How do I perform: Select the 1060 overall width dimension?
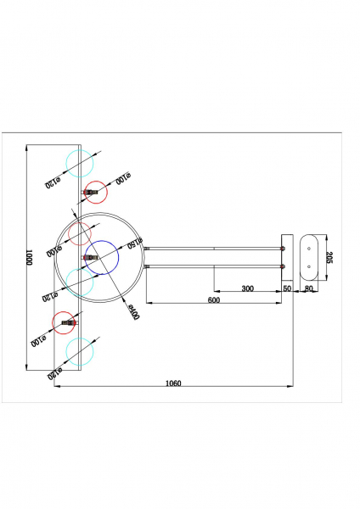(174, 383)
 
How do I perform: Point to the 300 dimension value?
(247, 288)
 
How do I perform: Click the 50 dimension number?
(287, 288)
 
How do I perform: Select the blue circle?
(102, 257)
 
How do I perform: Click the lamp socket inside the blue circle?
(89, 257)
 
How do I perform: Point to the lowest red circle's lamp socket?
(70, 322)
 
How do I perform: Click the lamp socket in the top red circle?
(91, 193)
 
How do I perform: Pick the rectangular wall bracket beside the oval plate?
(287, 257)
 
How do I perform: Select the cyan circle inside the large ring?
(79, 281)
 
